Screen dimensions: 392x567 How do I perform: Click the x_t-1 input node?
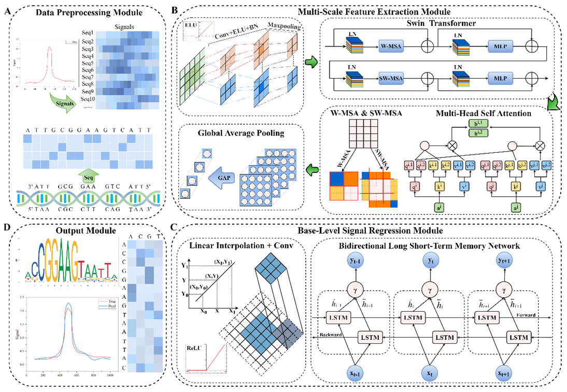[x=342, y=372]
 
